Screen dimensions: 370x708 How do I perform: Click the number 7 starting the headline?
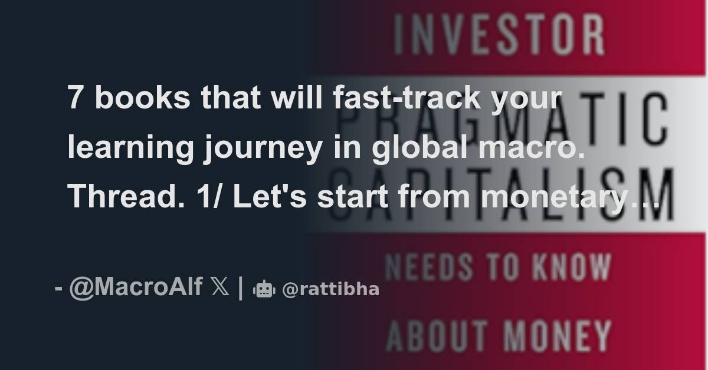pyautogui.click(x=74, y=98)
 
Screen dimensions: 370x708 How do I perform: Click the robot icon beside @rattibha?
pyautogui.click(x=264, y=289)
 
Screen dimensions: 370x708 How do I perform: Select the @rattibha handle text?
pyautogui.click(x=330, y=289)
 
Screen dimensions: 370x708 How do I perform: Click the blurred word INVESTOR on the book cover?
pyautogui.click(x=499, y=37)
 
